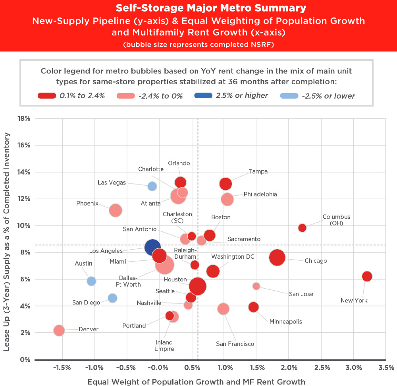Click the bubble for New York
point(367,276)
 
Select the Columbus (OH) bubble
point(302,228)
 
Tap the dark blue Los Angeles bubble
point(152,247)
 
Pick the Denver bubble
point(59,330)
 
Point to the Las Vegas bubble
point(152,186)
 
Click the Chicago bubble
point(277,257)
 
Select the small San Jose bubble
point(256,286)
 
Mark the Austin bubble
point(91,281)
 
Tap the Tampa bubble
point(225,184)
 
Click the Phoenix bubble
point(115,210)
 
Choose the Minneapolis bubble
point(254,307)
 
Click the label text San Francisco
point(235,343)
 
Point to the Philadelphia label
point(260,194)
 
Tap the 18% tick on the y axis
point(25,118)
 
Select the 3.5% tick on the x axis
point(386,367)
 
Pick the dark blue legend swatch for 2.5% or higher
point(205,95)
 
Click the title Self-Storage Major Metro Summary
point(198,8)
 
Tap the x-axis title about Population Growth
point(196,382)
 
